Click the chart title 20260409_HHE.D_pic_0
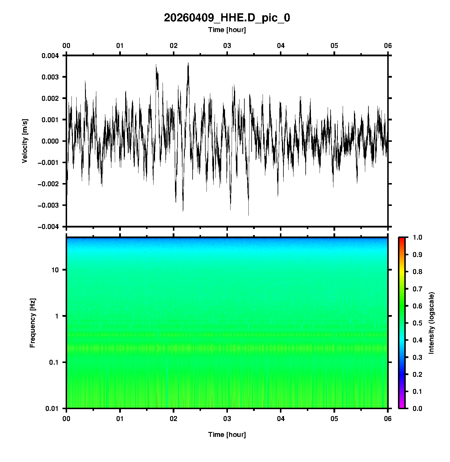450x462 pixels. pyautogui.click(x=227, y=18)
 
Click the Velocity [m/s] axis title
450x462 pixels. pyautogui.click(x=25, y=141)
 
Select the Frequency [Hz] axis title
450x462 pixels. pyautogui.click(x=32, y=323)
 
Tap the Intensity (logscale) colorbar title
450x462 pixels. pyautogui.click(x=431, y=323)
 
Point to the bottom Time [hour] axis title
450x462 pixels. pyautogui.click(x=227, y=435)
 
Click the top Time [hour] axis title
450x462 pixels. pyautogui.click(x=227, y=30)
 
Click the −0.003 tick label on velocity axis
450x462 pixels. pyautogui.click(x=48, y=205)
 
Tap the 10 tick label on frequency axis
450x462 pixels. pyautogui.click(x=55, y=270)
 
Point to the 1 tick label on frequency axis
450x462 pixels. pyautogui.click(x=56, y=316)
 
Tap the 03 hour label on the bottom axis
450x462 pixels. pyautogui.click(x=227, y=419)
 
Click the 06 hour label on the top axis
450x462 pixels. pyautogui.click(x=388, y=46)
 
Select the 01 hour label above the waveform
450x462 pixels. pyautogui.click(x=120, y=46)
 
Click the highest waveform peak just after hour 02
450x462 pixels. pyautogui.click(x=188, y=63)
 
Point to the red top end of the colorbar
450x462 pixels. pyautogui.click(x=402, y=239)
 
